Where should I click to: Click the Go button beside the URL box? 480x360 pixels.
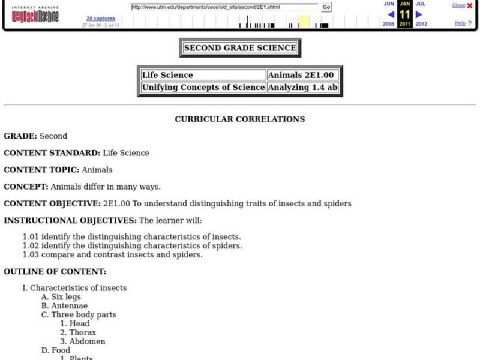pyautogui.click(x=326, y=7)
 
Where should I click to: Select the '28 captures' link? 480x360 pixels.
pyautogui.click(x=100, y=18)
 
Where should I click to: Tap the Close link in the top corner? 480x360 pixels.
pyautogui.click(x=458, y=5)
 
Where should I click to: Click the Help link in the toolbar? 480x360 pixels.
pyautogui.click(x=460, y=23)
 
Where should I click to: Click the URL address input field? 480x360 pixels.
pyautogui.click(x=225, y=7)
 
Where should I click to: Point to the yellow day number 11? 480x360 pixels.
pyautogui.click(x=405, y=14)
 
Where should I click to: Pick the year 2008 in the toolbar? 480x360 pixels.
pyautogui.click(x=389, y=24)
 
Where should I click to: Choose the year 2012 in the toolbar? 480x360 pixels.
pyautogui.click(x=421, y=24)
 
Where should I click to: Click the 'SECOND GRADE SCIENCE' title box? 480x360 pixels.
pyautogui.click(x=240, y=48)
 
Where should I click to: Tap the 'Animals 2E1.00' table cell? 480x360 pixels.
pyautogui.click(x=303, y=76)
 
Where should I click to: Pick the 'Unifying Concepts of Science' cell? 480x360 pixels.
pyautogui.click(x=203, y=88)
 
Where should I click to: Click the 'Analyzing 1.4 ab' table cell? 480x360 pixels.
pyautogui.click(x=303, y=88)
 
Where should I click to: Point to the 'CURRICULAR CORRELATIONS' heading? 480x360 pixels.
pyautogui.click(x=240, y=119)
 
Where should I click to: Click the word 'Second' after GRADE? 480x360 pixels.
pyautogui.click(x=53, y=136)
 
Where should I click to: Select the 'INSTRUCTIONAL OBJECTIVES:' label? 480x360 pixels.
pyautogui.click(x=70, y=220)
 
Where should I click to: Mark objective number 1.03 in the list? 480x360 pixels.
pyautogui.click(x=112, y=254)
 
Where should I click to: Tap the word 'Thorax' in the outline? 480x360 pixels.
pyautogui.click(x=82, y=332)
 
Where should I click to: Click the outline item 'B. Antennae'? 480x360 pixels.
pyautogui.click(x=64, y=306)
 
